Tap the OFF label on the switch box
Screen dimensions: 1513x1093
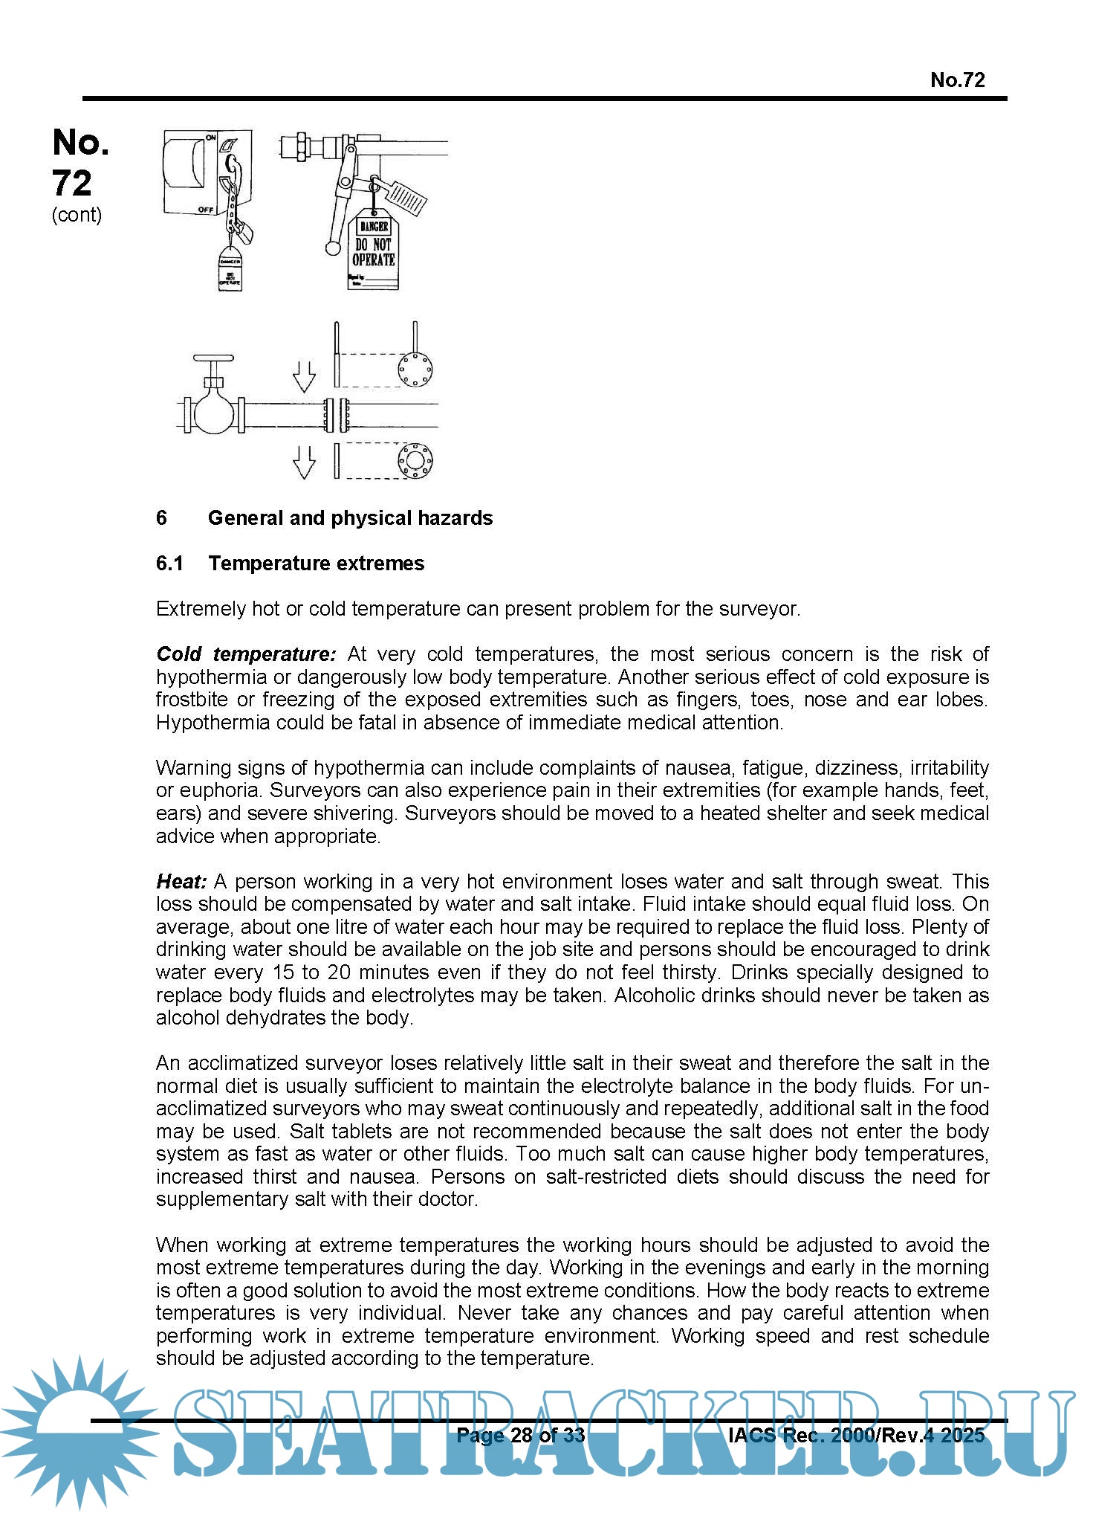click(206, 210)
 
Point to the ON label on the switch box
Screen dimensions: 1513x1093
click(211, 138)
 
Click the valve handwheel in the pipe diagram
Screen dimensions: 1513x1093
click(213, 358)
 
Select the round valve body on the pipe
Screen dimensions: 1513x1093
click(213, 413)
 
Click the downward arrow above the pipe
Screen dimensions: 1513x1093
click(304, 376)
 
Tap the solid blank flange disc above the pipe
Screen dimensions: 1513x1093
click(415, 370)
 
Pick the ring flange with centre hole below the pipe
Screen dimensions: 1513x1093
click(415, 461)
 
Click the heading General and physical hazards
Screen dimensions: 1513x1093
click(350, 518)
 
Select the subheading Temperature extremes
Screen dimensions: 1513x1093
click(316, 564)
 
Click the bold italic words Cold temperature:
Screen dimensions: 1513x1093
click(246, 654)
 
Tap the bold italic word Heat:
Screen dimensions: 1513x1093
click(181, 882)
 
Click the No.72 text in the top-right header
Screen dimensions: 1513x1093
click(957, 80)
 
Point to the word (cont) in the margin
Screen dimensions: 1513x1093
click(77, 215)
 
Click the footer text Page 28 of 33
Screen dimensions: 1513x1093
click(520, 1435)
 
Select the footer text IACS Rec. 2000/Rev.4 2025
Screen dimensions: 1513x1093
click(856, 1435)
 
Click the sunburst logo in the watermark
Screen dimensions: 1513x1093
click(78, 1431)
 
